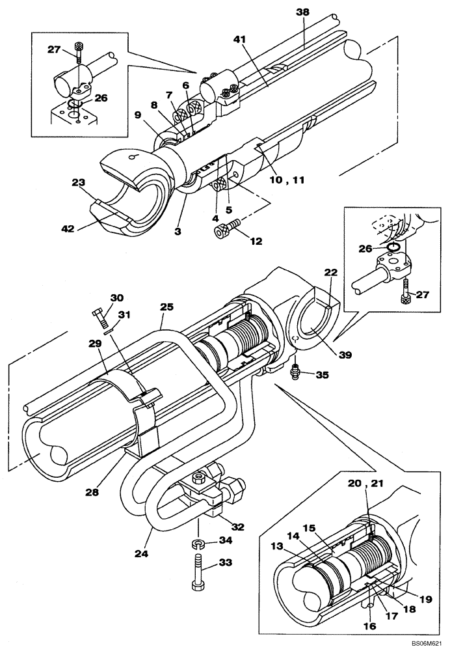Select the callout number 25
[x=166, y=306]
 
